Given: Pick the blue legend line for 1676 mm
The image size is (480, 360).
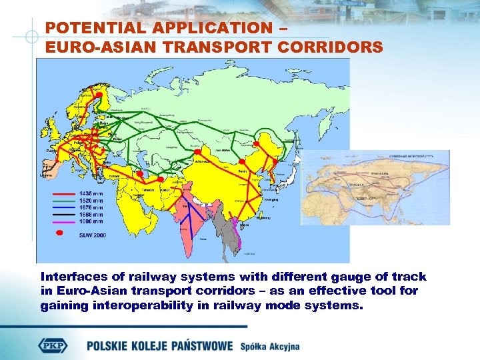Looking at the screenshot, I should coord(63,207).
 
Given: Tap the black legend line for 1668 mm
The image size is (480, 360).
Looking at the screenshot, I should coord(63,214).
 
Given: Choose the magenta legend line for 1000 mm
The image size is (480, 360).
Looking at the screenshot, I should coord(63,221).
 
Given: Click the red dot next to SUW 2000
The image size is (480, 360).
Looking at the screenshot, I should coord(60,233).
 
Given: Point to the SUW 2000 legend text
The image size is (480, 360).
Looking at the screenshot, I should coord(92,235).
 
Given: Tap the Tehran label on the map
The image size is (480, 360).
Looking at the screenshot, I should coord(148,190).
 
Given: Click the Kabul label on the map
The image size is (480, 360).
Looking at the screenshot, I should coord(163,190).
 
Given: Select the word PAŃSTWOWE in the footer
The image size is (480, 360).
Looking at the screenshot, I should coord(201,346).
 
